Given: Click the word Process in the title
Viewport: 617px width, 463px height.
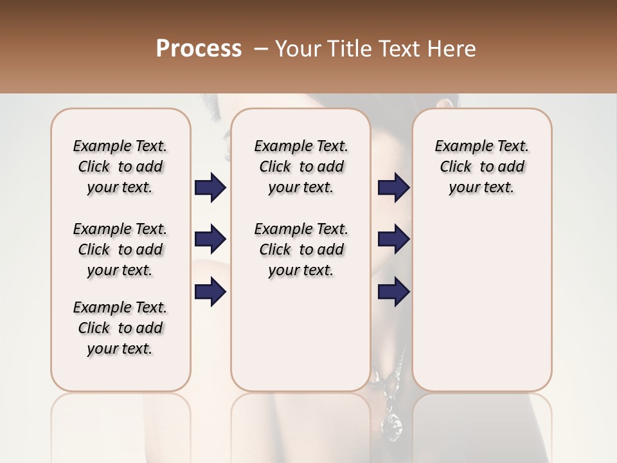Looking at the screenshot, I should pyautogui.click(x=199, y=49).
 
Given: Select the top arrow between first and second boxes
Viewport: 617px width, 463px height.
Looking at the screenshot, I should pyautogui.click(x=210, y=188).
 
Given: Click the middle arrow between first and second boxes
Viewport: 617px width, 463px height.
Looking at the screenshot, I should pyautogui.click(x=210, y=240).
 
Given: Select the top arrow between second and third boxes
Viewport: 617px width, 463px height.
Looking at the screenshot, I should pyautogui.click(x=394, y=188).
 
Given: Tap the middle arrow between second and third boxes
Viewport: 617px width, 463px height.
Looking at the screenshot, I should pyautogui.click(x=394, y=240).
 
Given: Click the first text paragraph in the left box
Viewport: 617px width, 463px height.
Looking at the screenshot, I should pyautogui.click(x=120, y=167).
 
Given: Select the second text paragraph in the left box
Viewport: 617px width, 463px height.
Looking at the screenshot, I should pyautogui.click(x=120, y=250).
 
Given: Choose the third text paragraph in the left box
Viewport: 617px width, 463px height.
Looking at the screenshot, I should pyautogui.click(x=120, y=328).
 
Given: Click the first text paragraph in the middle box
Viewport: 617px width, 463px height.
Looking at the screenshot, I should pyautogui.click(x=301, y=167).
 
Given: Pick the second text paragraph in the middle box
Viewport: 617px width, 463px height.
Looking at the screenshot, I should pyautogui.click(x=301, y=250).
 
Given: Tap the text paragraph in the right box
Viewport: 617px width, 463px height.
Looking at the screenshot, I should pyautogui.click(x=481, y=167).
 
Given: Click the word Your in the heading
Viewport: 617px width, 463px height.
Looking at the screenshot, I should pyautogui.click(x=298, y=49).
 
